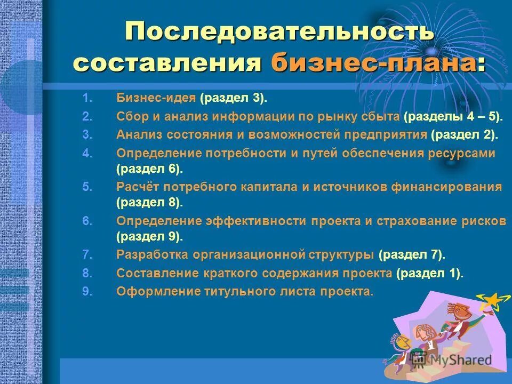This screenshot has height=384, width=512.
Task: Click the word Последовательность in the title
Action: coord(279,31)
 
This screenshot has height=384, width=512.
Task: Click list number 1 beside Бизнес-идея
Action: coord(87,98)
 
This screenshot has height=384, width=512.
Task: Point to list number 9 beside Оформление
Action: coord(87,291)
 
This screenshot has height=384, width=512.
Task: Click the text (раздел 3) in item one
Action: coord(234,98)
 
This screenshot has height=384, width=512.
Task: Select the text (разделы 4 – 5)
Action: coord(453,116)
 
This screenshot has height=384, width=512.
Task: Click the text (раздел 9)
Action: coord(149,236)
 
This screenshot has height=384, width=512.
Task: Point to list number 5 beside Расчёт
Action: coord(87,187)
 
